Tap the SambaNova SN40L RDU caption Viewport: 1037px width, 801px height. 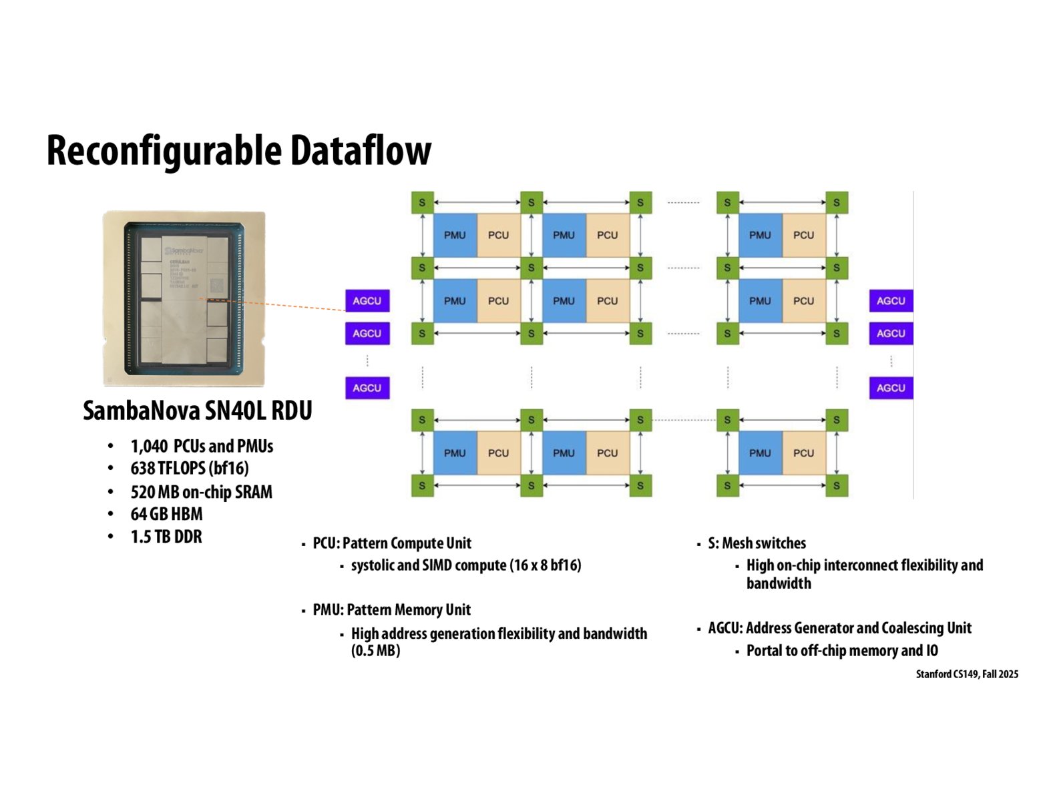[x=198, y=411]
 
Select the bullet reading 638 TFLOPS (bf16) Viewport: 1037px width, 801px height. [x=190, y=469]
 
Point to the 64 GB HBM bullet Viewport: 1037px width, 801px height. [x=166, y=514]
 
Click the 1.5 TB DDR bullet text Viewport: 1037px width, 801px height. [x=166, y=537]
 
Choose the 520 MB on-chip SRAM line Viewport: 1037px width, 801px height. [x=201, y=492]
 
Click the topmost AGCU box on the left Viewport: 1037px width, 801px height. [x=367, y=301]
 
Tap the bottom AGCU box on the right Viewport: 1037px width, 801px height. [x=890, y=388]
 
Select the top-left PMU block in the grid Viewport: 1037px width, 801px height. [x=455, y=235]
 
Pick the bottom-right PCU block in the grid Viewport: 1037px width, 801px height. [x=803, y=453]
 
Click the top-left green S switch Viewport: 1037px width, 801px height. [x=422, y=202]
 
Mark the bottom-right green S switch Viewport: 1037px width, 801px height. [x=836, y=485]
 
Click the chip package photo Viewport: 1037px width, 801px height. [x=184, y=298]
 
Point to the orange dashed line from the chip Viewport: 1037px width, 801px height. [x=294, y=306]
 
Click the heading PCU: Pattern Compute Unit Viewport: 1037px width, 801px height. [x=391, y=543]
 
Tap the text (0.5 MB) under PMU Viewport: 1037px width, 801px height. [x=375, y=651]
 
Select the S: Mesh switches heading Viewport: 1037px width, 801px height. [x=757, y=543]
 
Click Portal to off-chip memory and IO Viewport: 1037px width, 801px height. [x=841, y=651]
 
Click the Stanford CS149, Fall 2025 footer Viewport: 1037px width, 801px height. [x=966, y=674]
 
